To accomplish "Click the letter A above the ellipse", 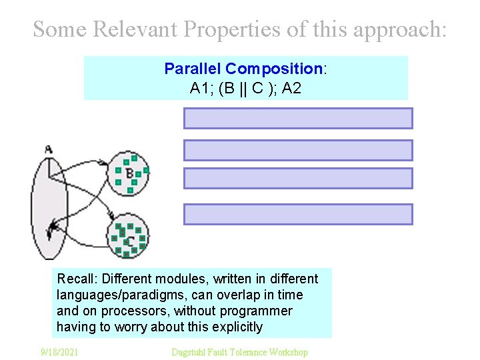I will click(x=48, y=149).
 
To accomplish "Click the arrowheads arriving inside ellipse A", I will click(x=51, y=230).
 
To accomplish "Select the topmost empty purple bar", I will click(x=298, y=118).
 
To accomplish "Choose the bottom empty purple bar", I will click(x=298, y=214).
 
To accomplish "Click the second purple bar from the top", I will click(x=298, y=150).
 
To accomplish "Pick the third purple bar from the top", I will click(x=298, y=179).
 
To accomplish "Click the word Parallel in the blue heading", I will click(x=193, y=69).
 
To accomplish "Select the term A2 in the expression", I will click(x=291, y=87).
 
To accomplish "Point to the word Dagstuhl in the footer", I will click(x=191, y=352).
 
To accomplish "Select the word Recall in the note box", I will click(x=75, y=279).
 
